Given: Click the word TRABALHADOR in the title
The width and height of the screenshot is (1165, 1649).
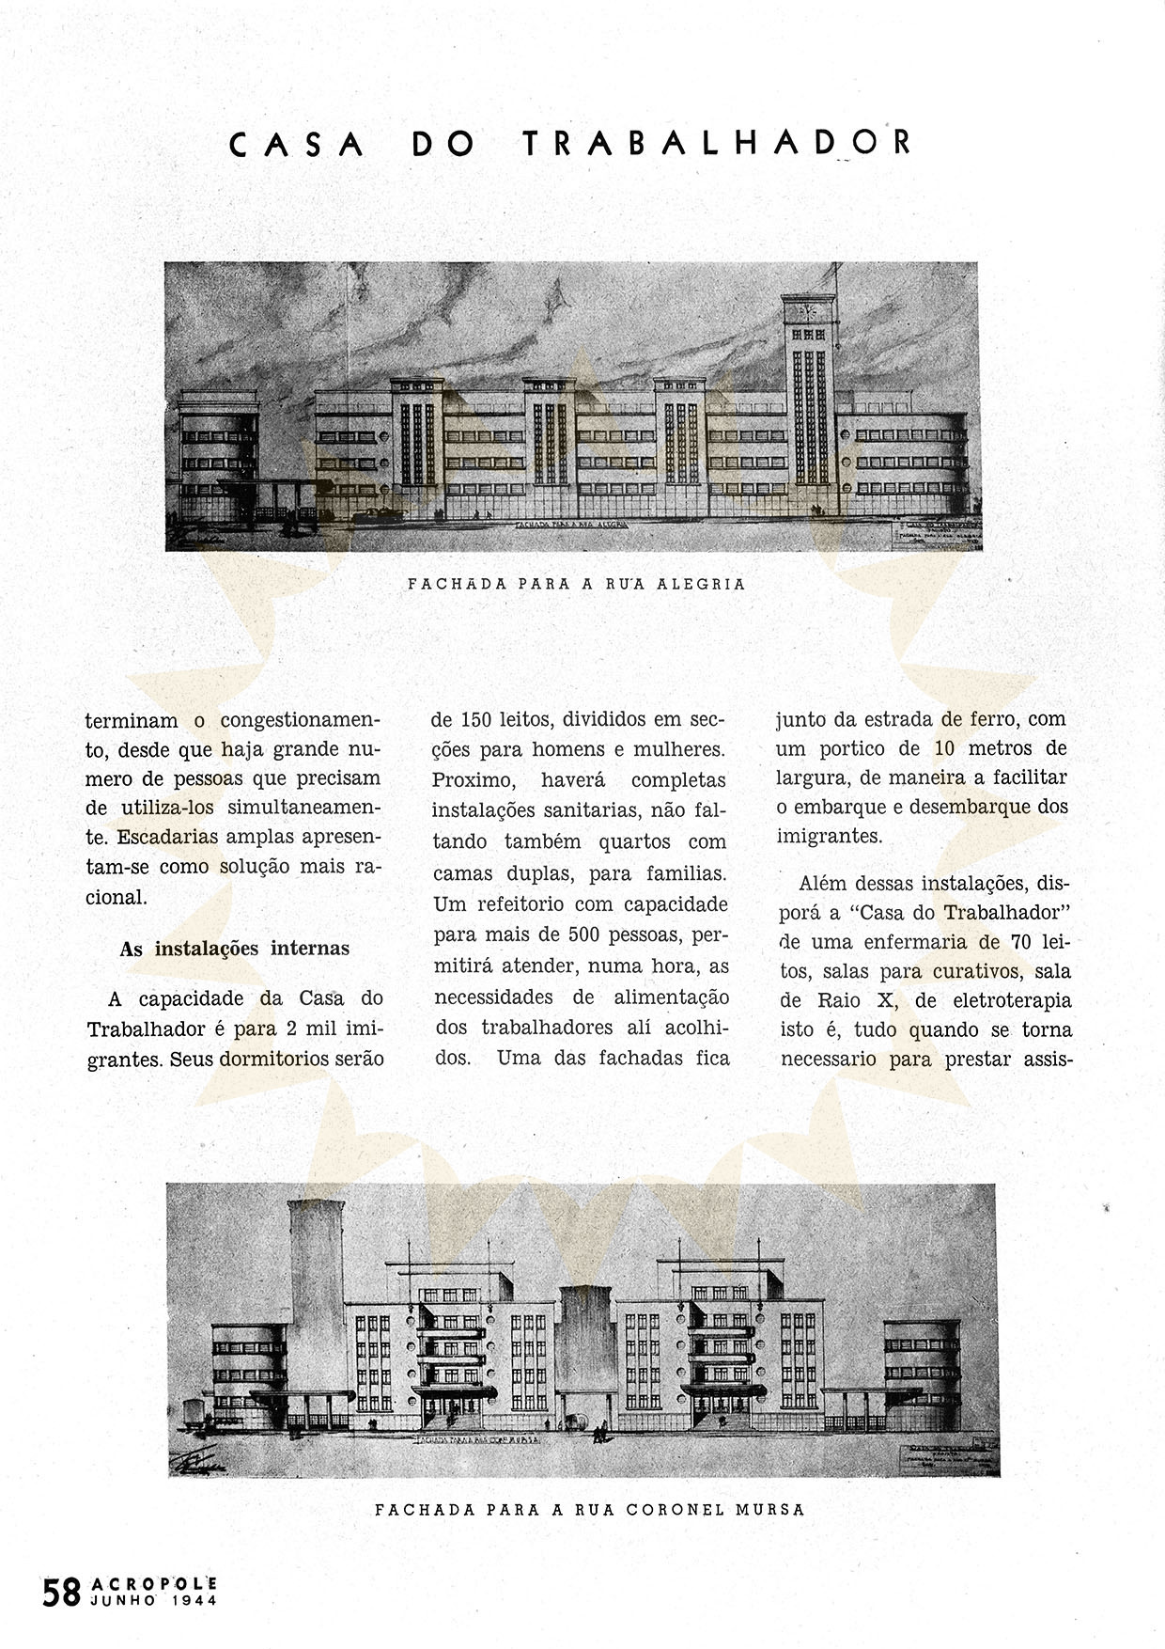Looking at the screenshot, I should (x=716, y=143).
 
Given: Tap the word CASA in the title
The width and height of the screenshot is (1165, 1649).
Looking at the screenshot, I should (x=297, y=144).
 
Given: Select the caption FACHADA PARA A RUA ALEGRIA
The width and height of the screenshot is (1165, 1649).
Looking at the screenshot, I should (x=576, y=584).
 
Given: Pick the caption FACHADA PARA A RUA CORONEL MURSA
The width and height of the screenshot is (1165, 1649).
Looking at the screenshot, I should (x=589, y=1510).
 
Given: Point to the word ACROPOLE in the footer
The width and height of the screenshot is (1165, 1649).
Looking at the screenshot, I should (x=155, y=1584).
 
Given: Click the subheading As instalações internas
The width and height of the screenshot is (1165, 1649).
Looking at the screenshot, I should (x=234, y=949).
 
